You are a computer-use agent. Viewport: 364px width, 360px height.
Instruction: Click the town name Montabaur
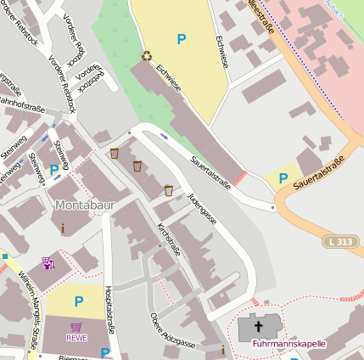pos(83,205)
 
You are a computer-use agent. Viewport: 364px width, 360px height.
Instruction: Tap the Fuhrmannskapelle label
pos(288,344)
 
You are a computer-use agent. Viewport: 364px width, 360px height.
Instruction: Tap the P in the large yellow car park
pos(181,39)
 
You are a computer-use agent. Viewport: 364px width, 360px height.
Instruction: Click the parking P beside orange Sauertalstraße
pos(283,178)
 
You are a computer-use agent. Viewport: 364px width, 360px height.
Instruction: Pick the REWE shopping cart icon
pos(76,326)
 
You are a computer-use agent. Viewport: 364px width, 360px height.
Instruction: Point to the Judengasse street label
pos(203,210)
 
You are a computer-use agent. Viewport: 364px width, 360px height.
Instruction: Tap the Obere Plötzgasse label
pos(172,331)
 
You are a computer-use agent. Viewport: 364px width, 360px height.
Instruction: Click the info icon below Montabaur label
pos(62,228)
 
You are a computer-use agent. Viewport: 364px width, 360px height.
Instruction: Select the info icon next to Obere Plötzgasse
pos(223,349)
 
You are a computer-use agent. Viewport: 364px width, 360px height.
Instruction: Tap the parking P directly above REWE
pos(79,301)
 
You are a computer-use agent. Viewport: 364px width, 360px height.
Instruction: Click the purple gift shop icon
pos(48,263)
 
